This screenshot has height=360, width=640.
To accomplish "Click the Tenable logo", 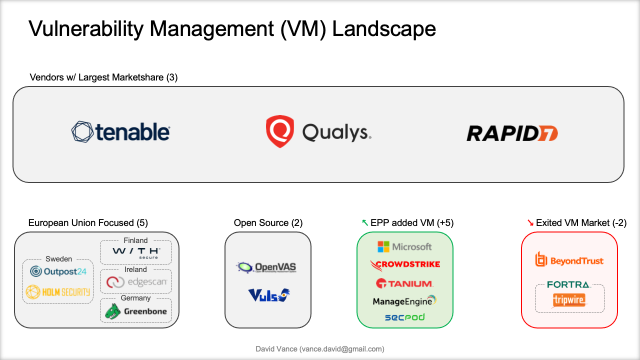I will point(120,132).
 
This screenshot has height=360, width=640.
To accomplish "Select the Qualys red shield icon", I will point(279,131).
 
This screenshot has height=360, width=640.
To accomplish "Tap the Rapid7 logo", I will point(512,133).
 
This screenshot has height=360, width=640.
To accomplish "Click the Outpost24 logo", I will point(58,271).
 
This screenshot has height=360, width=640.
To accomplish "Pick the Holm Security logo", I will point(58,291).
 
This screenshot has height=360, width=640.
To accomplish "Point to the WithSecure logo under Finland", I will point(136,252).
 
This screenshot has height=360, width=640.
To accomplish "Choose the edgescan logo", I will point(136,282).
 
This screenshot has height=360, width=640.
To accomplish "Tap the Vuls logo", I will point(268,295).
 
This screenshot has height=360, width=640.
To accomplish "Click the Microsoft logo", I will point(404,246).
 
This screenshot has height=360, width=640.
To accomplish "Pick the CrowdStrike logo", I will point(405,264).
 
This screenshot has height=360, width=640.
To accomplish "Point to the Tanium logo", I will point(404,283).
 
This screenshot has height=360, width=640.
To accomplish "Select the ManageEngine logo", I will point(404,301).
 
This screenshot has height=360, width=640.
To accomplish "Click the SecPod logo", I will point(404,317).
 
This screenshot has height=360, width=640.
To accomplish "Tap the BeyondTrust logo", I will point(569,260).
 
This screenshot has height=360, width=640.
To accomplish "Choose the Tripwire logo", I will point(569,300).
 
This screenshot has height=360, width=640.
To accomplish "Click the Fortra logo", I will point(569,284).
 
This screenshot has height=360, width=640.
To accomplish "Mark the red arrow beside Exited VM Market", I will point(530,223).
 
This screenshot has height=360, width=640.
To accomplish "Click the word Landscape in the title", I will point(384,29).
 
